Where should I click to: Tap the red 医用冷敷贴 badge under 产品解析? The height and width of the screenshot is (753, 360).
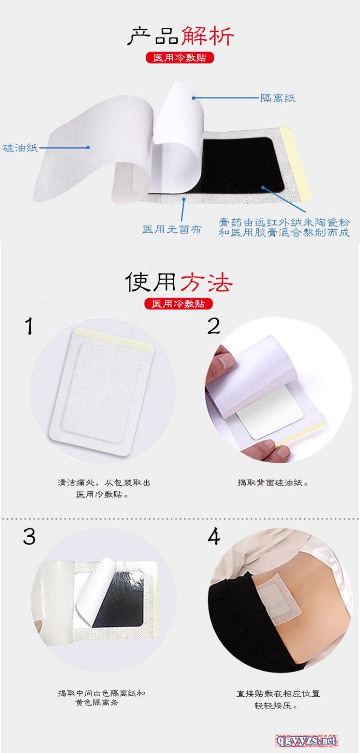click(180, 57)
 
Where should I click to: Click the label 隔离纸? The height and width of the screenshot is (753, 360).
click(278, 98)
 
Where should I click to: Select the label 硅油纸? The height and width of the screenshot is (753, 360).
click(20, 148)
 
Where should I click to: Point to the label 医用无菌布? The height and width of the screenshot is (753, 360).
click(172, 229)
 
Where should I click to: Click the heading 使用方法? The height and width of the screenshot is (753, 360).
click(178, 282)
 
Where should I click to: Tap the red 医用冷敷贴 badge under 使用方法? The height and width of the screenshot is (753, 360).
click(179, 304)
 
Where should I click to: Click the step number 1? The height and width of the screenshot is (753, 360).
click(30, 326)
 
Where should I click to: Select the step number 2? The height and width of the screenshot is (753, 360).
click(214, 326)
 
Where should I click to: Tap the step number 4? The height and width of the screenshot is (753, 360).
click(214, 536)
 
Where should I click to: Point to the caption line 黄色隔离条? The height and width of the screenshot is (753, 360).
click(96, 703)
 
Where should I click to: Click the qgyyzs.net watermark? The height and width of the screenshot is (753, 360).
click(307, 740)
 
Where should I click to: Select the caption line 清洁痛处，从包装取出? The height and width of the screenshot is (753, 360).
click(104, 482)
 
